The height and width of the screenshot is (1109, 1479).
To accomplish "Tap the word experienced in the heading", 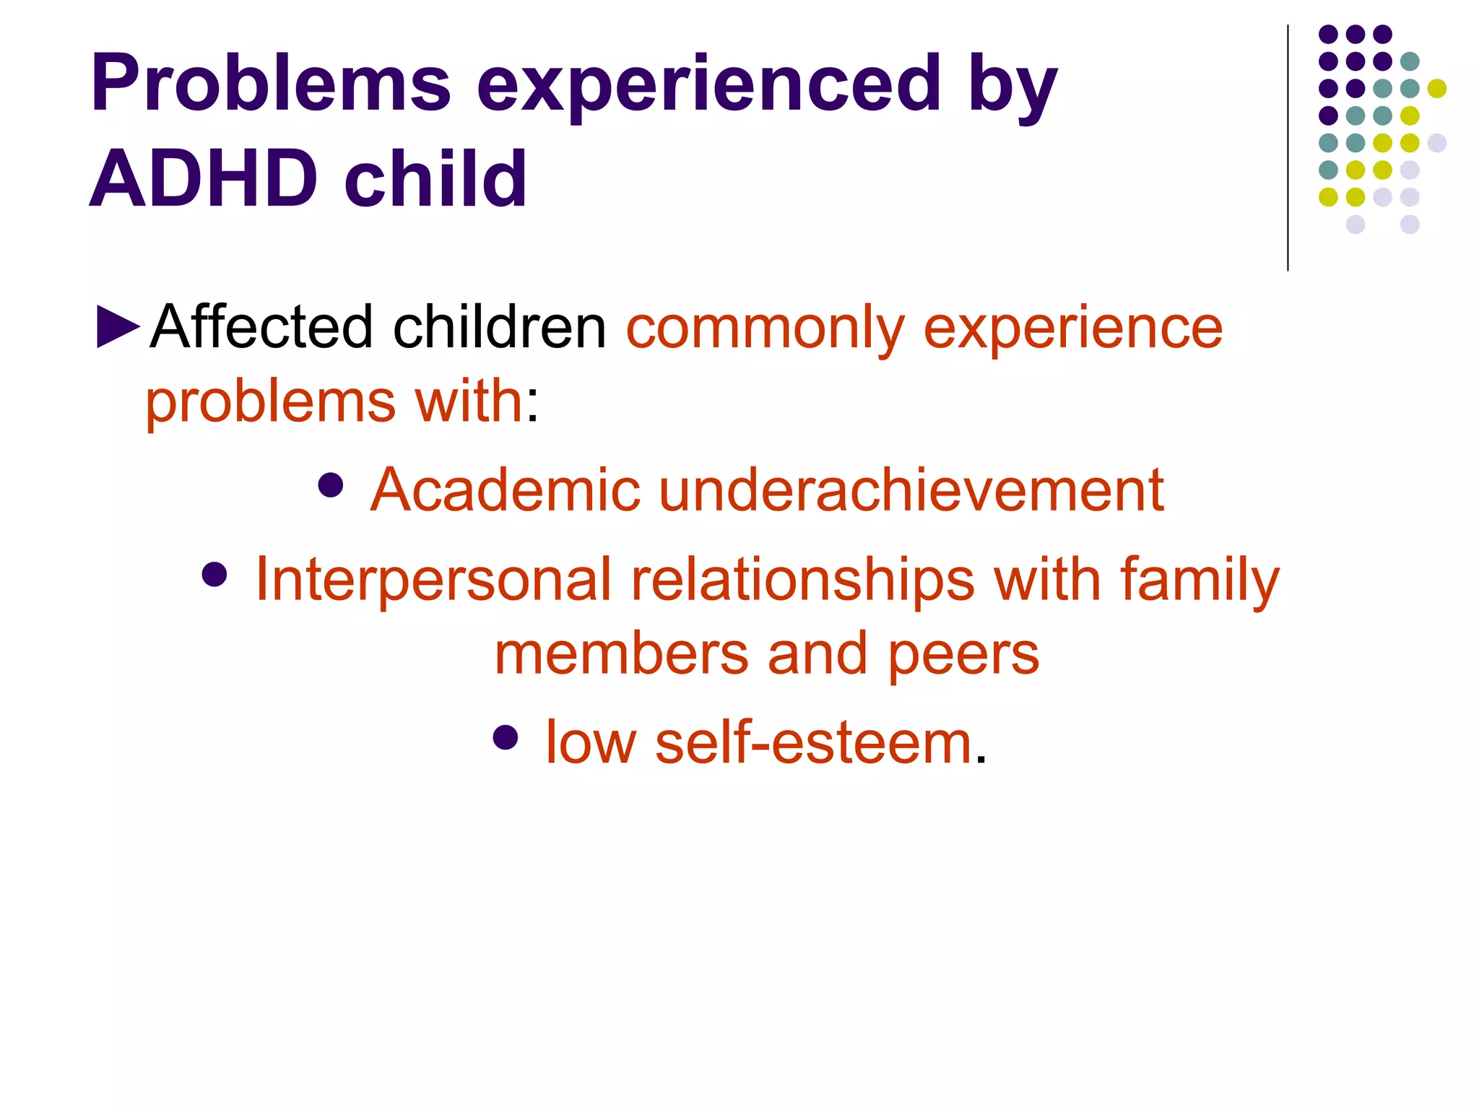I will point(708,85).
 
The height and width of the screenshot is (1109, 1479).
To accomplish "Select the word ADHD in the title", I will point(203,178).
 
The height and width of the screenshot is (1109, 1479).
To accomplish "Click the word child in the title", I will point(435,178).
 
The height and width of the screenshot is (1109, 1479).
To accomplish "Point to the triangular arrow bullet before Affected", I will point(118,327).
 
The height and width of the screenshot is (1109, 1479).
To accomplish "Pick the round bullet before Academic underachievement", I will point(331,485).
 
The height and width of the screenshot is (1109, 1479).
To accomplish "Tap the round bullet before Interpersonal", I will point(214,575).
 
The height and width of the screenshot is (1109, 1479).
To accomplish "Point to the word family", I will point(1200,582).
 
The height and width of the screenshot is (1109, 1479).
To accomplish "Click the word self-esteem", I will point(813,743).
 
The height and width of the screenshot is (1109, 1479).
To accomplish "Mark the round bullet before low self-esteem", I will point(506,737).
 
